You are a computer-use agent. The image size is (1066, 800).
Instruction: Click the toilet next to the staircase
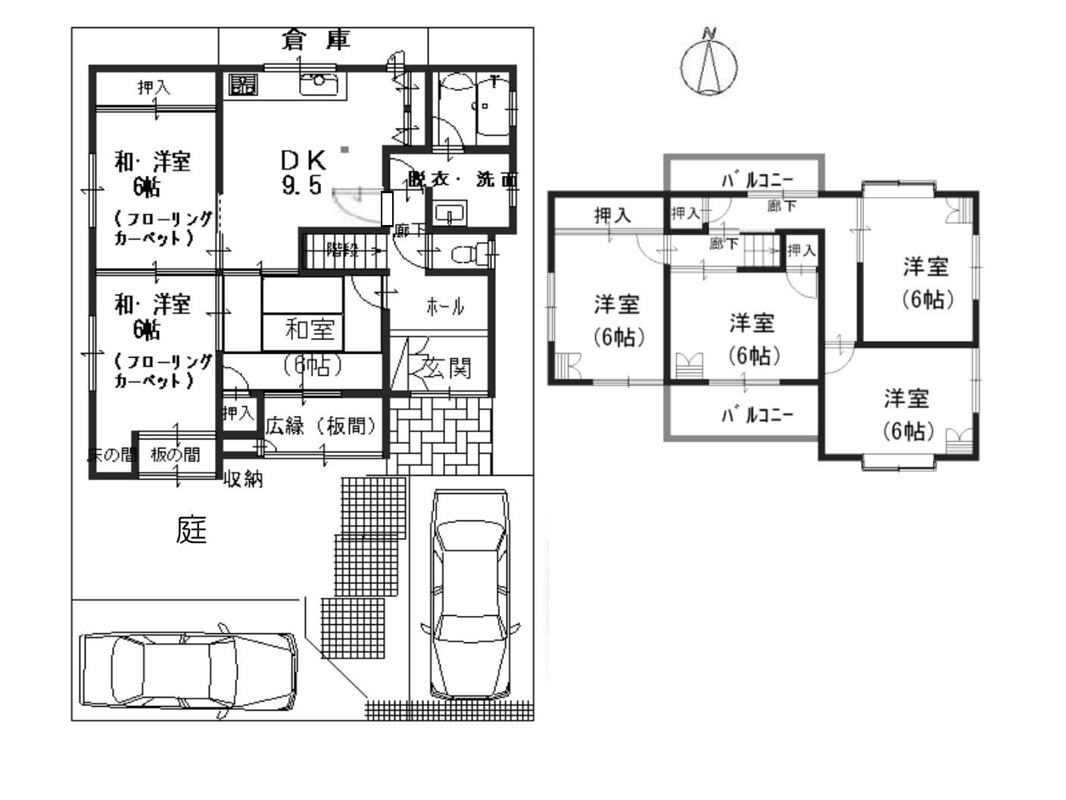(x=463, y=255)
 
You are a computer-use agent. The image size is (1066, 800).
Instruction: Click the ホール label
(x=445, y=307)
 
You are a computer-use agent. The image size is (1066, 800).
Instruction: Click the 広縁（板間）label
(x=321, y=426)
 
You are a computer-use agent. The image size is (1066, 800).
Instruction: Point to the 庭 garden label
(x=191, y=530)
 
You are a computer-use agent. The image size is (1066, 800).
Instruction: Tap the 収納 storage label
(x=243, y=479)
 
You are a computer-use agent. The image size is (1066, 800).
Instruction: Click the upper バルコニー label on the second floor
(x=756, y=180)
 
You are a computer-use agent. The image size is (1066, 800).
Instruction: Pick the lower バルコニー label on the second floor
(x=756, y=414)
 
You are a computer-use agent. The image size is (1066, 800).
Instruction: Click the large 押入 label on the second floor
(x=612, y=216)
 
